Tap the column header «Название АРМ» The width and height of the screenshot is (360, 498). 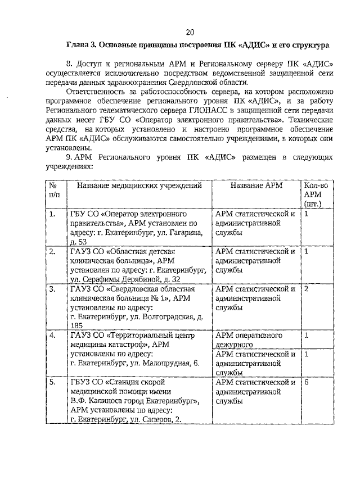256,185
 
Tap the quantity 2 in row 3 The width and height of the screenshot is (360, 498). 306,289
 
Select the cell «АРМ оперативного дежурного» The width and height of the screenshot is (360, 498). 248,340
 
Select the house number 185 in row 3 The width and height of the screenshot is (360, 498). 76,325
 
